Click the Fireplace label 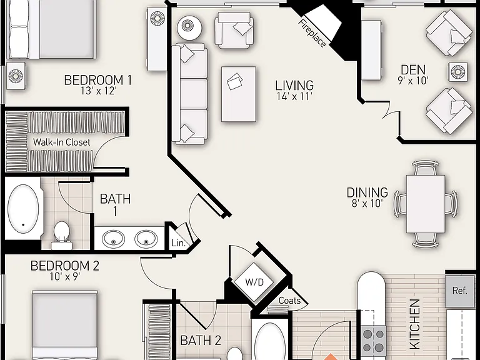pyautogui.click(x=312, y=33)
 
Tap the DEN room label pyautogui.click(x=413, y=69)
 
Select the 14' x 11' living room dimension pyautogui.click(x=294, y=96)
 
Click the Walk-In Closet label pyautogui.click(x=61, y=142)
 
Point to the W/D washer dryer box pyautogui.click(x=254, y=282)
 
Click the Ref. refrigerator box pyautogui.click(x=460, y=291)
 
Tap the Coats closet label pyautogui.click(x=289, y=300)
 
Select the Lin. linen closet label pyautogui.click(x=179, y=243)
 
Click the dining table pyautogui.click(x=426, y=204)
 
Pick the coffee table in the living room pyautogui.click(x=239, y=94)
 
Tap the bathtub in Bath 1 pyautogui.click(x=23, y=209)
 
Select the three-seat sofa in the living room pyautogui.click(x=190, y=94)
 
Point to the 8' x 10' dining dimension pyautogui.click(x=367, y=203)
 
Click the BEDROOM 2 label pyautogui.click(x=65, y=266)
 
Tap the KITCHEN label pyautogui.click(x=415, y=324)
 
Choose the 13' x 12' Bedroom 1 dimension pyautogui.click(x=99, y=91)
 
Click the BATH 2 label pyautogui.click(x=201, y=341)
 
